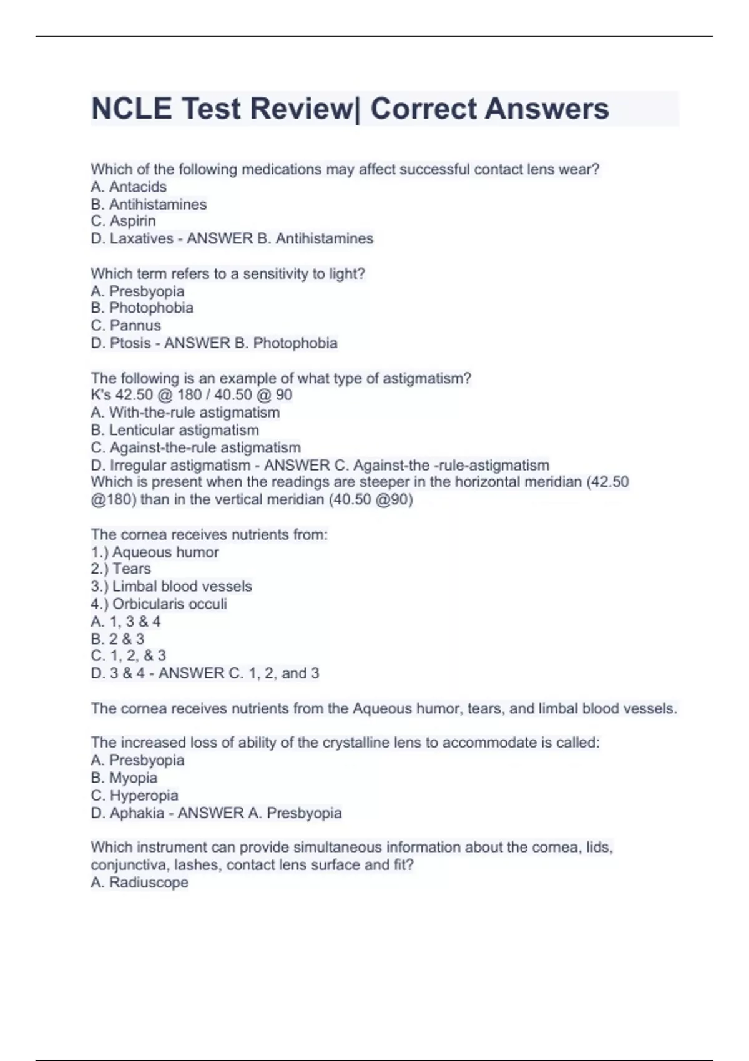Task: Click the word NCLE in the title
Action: click(131, 109)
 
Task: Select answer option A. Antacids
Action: click(129, 187)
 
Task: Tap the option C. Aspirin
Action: click(123, 221)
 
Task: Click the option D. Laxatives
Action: click(132, 238)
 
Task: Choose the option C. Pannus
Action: click(125, 325)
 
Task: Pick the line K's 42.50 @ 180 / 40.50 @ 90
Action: click(191, 395)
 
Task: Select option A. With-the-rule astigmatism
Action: click(185, 413)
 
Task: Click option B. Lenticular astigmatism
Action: click(174, 430)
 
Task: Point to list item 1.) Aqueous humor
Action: click(154, 552)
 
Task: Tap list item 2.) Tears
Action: click(120, 569)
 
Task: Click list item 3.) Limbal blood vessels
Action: click(171, 586)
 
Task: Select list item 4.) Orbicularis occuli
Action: click(159, 604)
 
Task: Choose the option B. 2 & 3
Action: click(117, 638)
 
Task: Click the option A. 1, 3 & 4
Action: click(125, 622)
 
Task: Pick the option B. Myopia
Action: click(124, 778)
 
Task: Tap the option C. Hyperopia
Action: click(134, 795)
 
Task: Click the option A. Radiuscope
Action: click(139, 883)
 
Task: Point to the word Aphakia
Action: click(137, 813)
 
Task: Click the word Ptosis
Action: click(130, 343)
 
